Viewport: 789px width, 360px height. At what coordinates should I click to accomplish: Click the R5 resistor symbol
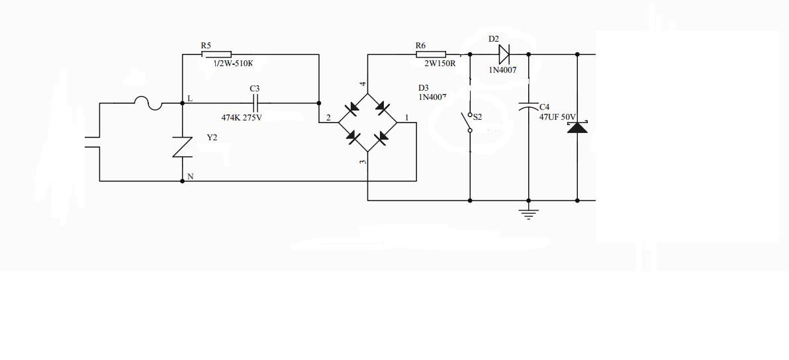tap(216, 55)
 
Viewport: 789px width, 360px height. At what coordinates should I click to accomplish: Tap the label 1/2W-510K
tap(233, 64)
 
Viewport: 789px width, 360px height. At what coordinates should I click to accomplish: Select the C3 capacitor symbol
tap(255, 103)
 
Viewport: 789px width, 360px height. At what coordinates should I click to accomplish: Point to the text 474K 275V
tap(241, 118)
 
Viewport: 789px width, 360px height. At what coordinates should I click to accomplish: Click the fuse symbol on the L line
tap(148, 103)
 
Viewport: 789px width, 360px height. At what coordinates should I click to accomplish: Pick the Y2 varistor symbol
tap(183, 147)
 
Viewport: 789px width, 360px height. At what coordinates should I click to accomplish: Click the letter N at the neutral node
tap(191, 177)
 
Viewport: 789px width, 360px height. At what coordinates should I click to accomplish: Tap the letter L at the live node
tap(190, 99)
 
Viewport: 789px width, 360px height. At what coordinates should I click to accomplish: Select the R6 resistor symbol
tap(431, 54)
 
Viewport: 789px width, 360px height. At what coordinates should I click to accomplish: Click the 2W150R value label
tap(436, 64)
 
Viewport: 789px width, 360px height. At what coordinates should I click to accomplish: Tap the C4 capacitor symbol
tap(528, 107)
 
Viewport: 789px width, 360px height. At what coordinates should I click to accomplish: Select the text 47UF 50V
tap(557, 116)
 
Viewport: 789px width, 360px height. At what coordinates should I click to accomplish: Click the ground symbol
tap(528, 213)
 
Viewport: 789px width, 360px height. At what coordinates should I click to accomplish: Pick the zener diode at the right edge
tap(577, 126)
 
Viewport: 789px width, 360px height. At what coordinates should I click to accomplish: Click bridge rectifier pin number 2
tap(328, 118)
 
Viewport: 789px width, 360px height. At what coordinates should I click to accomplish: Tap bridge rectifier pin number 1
tap(407, 118)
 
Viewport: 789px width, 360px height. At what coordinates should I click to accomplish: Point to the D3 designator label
tap(424, 88)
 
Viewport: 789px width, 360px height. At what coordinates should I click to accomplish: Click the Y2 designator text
tap(212, 138)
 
